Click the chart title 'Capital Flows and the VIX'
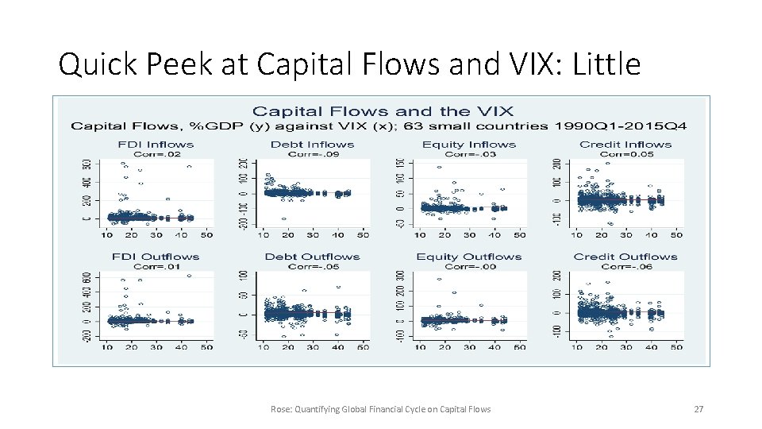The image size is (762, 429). pos(383,111)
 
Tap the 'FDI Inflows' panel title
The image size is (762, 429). pos(156,145)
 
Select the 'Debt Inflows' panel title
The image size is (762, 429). pos(312,145)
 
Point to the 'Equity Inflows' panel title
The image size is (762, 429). pos(468,145)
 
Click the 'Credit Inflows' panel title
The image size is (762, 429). pos(625,145)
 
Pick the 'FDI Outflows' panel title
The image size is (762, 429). pos(156,257)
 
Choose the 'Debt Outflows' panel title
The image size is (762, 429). pos(312,257)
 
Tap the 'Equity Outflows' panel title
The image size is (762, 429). pos(468,257)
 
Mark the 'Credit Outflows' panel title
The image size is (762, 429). pos(625,257)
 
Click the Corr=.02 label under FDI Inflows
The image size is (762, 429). pos(156,154)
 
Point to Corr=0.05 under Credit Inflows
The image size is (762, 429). pos(626,154)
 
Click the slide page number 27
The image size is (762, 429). pos(698,409)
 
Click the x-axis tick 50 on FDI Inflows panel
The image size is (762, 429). pos(206,235)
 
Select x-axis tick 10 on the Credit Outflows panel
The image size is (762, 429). pos(576,347)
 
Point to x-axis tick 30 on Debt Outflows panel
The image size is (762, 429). pos(313,347)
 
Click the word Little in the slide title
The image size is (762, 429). pos(606,64)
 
